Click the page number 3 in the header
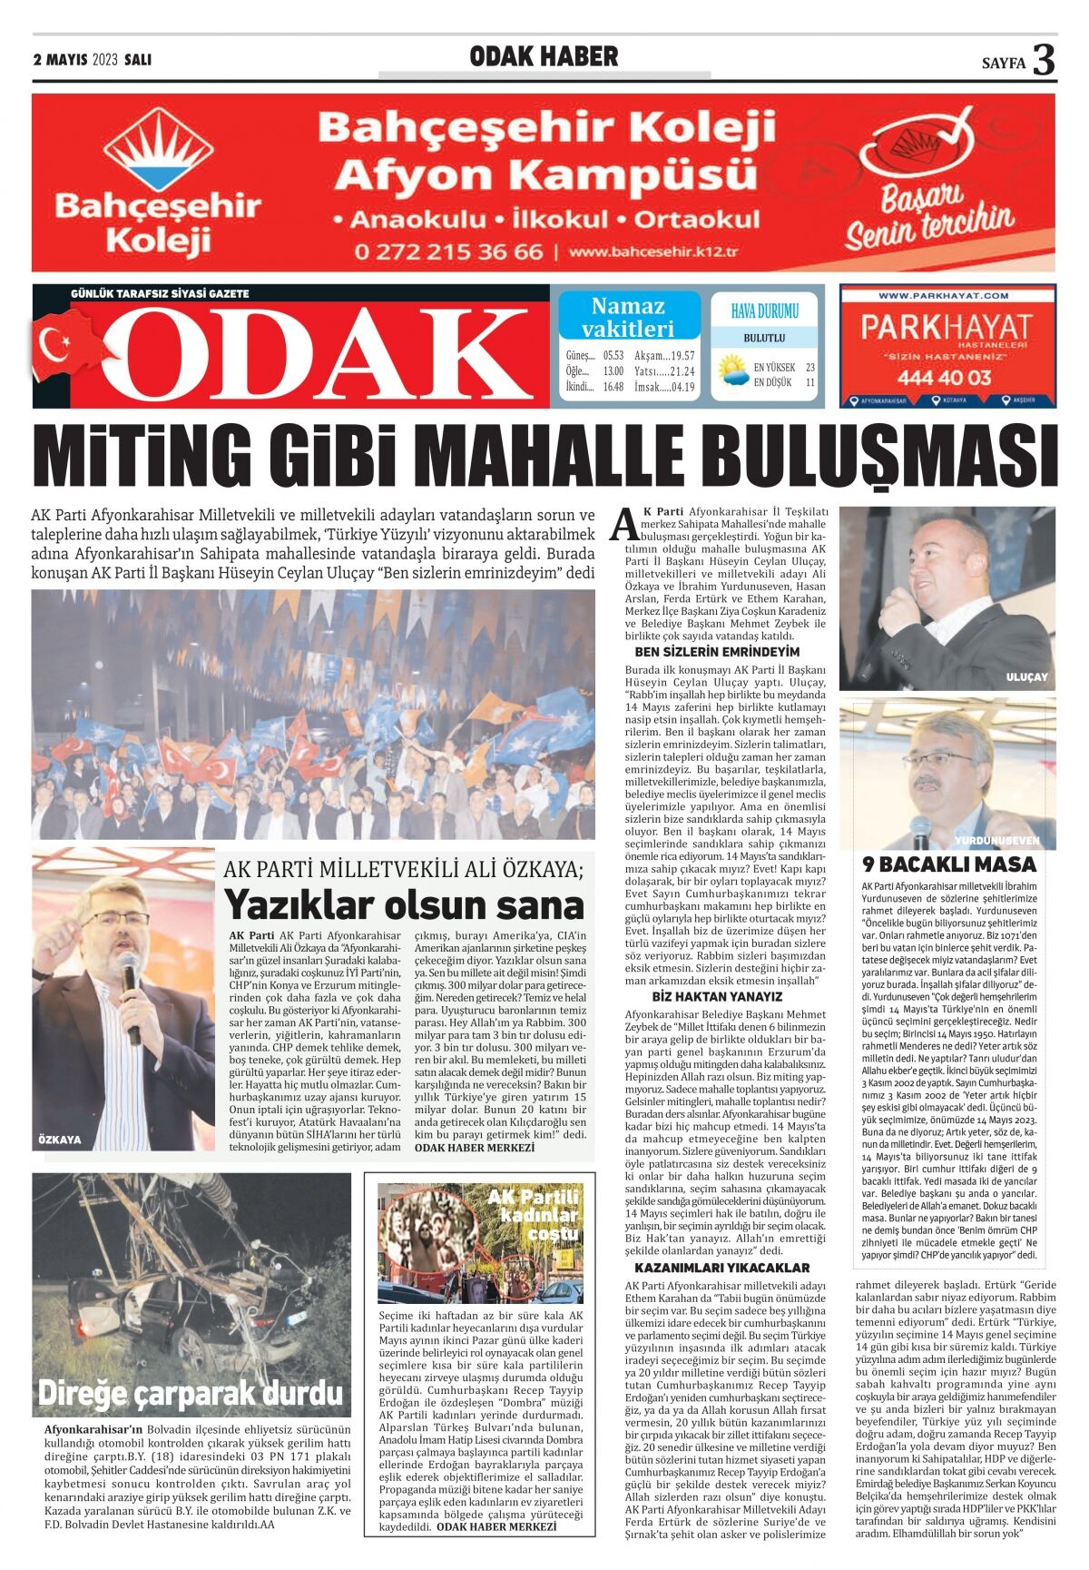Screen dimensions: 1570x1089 click(x=1045, y=60)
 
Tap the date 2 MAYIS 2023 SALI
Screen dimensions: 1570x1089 click(x=92, y=60)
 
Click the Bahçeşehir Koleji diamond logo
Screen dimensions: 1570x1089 click(x=158, y=150)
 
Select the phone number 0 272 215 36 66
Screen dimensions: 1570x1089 click(x=448, y=252)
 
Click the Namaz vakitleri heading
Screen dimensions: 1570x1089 click(x=628, y=317)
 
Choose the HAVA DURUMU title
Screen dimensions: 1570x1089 click(x=764, y=311)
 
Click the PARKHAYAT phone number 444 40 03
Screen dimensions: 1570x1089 click(x=945, y=377)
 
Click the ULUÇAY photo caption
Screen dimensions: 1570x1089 click(x=1026, y=677)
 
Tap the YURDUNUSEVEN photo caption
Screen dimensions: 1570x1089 click(x=996, y=840)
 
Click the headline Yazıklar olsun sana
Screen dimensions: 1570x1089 click(x=404, y=904)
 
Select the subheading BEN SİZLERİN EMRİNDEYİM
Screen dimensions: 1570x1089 click(x=717, y=652)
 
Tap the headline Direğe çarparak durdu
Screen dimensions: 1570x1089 click(x=191, y=1393)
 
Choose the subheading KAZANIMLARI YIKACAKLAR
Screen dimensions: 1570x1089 click(x=722, y=1268)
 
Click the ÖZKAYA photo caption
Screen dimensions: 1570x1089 click(x=60, y=1139)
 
